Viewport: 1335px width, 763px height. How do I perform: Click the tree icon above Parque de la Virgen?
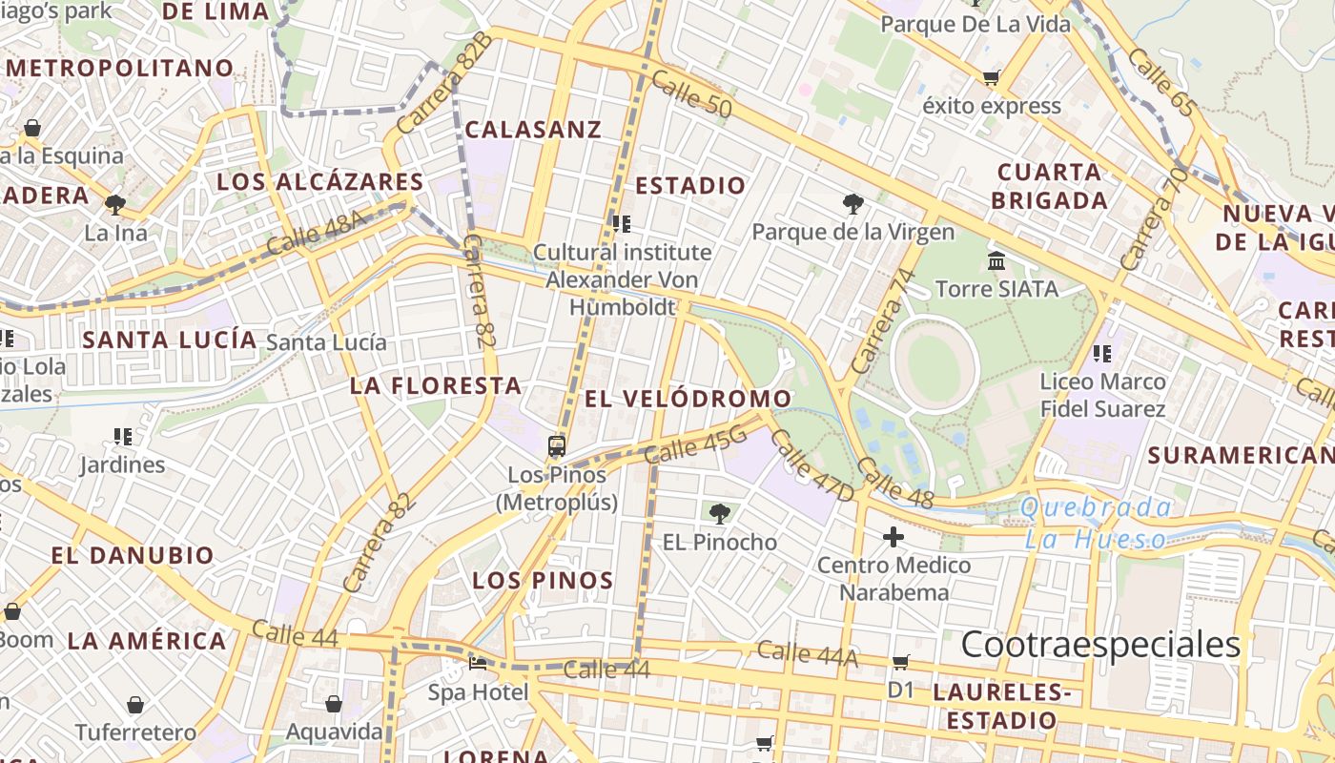click(x=853, y=203)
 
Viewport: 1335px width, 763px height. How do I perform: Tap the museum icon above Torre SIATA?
click(x=996, y=260)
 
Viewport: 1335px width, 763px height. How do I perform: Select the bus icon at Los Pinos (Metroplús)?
click(x=557, y=445)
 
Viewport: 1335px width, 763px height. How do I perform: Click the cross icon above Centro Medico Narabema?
click(x=893, y=538)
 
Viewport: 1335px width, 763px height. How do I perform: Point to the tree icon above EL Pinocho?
click(x=720, y=514)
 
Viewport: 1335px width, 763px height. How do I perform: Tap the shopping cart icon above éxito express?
click(x=992, y=77)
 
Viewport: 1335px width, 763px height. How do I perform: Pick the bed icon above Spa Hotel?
click(x=479, y=663)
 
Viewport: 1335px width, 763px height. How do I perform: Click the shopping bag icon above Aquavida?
click(x=334, y=704)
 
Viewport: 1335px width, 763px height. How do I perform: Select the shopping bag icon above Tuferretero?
click(x=135, y=705)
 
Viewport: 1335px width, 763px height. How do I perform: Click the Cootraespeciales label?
click(x=1100, y=645)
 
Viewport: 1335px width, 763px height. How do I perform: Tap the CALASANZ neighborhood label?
click(x=533, y=130)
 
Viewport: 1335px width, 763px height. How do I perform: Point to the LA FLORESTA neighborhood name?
click(x=436, y=386)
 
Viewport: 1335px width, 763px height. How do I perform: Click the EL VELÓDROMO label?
click(x=688, y=399)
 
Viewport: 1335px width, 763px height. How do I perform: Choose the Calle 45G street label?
click(x=695, y=444)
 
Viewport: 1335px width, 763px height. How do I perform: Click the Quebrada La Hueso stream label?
click(x=1097, y=523)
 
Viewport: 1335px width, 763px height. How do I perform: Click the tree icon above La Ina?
click(x=115, y=204)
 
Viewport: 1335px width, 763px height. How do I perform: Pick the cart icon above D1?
click(x=901, y=662)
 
